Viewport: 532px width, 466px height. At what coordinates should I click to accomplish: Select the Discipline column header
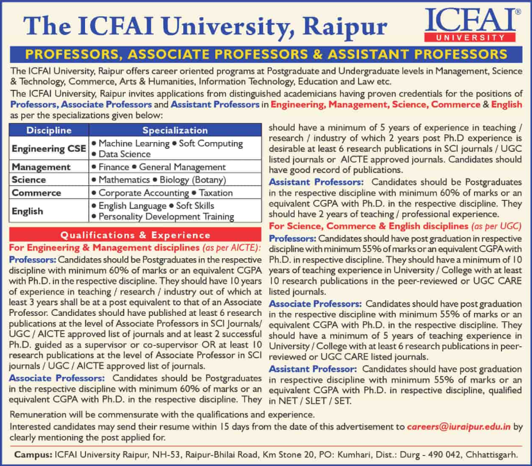click(x=49, y=131)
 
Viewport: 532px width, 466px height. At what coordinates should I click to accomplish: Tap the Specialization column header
click(x=175, y=131)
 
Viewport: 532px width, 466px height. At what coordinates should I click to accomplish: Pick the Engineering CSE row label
click(x=49, y=148)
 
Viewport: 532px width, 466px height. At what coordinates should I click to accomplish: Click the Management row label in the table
click(x=41, y=167)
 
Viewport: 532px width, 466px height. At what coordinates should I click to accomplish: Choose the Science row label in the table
click(x=29, y=179)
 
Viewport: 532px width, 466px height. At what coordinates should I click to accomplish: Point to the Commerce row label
click(x=36, y=193)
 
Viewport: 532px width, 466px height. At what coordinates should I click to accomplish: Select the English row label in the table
click(x=27, y=211)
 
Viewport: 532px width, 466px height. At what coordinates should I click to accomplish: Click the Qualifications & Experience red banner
click(x=136, y=235)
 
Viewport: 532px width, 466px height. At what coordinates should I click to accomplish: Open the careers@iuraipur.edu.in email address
click(x=458, y=427)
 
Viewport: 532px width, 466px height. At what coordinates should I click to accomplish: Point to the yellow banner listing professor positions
click(x=266, y=55)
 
